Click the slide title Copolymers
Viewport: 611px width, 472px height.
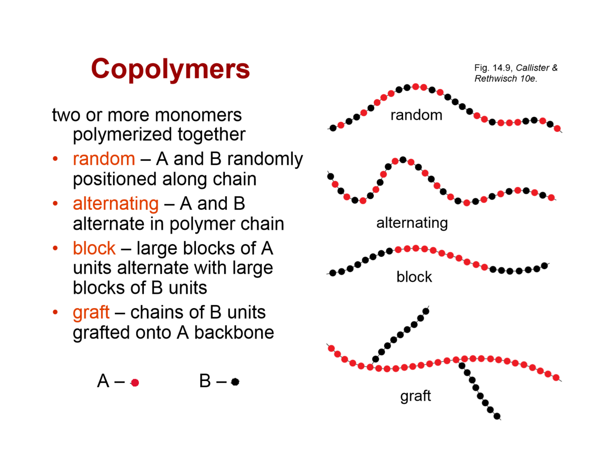pos(170,69)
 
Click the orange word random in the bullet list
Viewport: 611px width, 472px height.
pos(104,159)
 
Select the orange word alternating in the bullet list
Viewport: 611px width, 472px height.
pos(115,203)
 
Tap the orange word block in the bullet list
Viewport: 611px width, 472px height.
pos(94,248)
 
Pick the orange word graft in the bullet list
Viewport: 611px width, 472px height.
pos(91,312)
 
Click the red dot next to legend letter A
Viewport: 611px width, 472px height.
pos(135,382)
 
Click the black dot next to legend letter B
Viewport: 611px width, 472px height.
pos(235,381)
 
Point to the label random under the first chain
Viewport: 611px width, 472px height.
pos(416,115)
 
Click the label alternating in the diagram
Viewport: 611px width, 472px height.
pos(412,223)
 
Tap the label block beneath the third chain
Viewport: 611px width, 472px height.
pos(414,277)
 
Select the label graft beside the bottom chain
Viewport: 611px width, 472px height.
pos(415,395)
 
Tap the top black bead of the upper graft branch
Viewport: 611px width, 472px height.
pos(426,311)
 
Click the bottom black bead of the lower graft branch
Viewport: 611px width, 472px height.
pos(497,416)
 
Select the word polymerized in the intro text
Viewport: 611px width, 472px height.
pos(122,135)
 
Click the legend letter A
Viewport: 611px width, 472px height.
pos(103,381)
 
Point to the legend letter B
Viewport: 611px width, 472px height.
pos(205,381)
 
